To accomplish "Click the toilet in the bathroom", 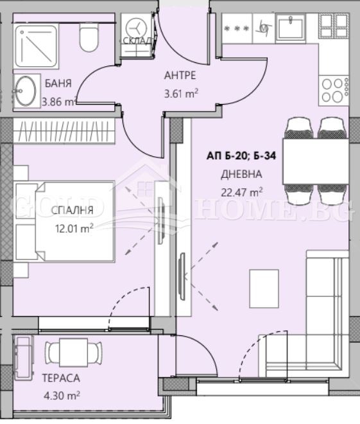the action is (x=89, y=37).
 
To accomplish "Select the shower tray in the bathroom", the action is (x=36, y=46).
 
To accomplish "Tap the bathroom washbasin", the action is (x=26, y=91).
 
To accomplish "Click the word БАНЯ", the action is (x=58, y=84).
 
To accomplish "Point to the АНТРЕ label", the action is (x=180, y=75).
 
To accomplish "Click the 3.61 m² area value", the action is (x=181, y=94).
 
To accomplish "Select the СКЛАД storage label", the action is (x=137, y=40).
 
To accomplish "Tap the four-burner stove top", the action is (x=334, y=91).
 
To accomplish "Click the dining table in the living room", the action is (x=316, y=161).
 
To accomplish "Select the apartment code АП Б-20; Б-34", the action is (x=241, y=155).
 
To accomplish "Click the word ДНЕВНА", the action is (x=241, y=174).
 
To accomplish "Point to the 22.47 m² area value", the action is (x=242, y=192).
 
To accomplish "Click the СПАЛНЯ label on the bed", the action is (x=73, y=210).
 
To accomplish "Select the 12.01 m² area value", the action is (x=74, y=229).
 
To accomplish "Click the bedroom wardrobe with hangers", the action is (x=64, y=131).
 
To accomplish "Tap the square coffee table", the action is (x=264, y=288).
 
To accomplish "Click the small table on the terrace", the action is (x=73, y=352).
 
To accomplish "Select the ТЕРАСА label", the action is (x=61, y=378).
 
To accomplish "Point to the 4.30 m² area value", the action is (x=62, y=396).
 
